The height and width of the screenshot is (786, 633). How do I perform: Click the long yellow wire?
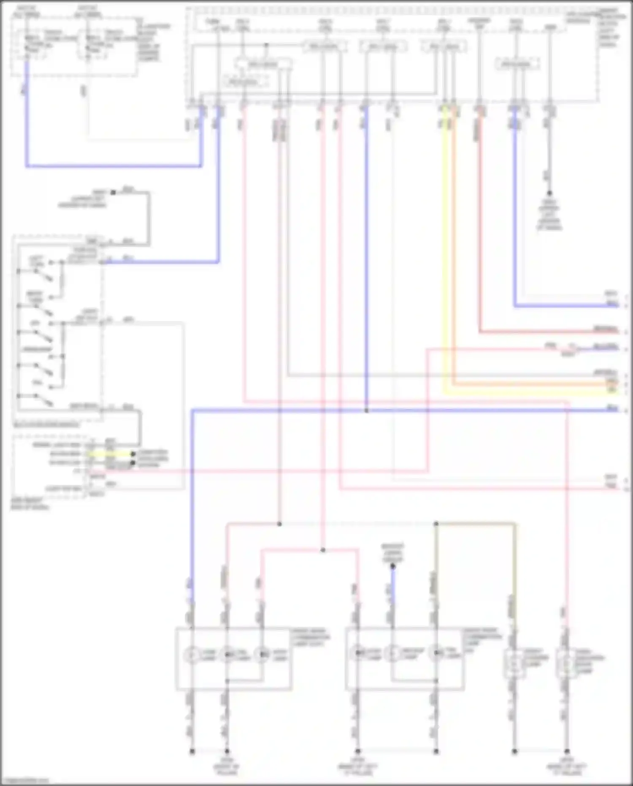coord(444,253)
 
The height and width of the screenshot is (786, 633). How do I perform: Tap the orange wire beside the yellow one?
coord(454,253)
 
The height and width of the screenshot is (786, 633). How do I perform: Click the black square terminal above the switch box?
coord(113,193)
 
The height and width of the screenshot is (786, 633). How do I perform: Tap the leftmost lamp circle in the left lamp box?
coord(192,655)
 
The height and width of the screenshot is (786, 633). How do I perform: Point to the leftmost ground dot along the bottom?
coord(192,751)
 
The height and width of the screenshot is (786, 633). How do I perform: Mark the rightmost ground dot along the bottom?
coord(567,751)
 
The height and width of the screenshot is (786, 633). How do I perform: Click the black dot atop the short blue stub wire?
coord(392,566)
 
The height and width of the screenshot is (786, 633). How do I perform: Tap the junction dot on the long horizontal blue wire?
coord(366,411)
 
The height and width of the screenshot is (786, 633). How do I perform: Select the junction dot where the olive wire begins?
coord(436,524)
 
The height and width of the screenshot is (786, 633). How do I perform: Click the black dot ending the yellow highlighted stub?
coord(133,454)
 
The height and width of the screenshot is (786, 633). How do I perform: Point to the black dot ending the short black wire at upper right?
coord(549,193)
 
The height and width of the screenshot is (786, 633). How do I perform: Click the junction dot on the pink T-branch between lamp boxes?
coord(323,550)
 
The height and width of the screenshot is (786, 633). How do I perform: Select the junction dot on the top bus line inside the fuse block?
coord(266,45)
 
